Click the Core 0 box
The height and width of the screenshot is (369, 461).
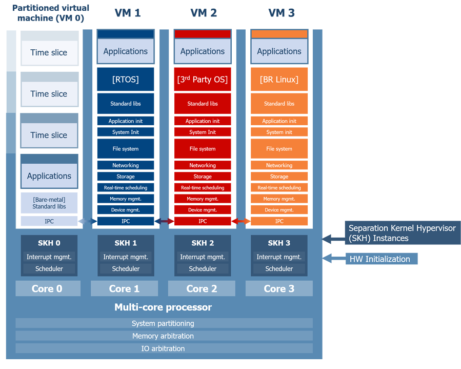tap(48, 288)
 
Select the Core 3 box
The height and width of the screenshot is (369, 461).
tap(279, 288)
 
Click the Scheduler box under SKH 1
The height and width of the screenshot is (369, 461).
tap(126, 269)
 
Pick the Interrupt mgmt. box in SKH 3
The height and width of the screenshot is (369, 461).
tap(279, 257)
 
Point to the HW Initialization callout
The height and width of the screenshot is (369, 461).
tap(381, 259)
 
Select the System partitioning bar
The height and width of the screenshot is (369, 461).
tap(164, 323)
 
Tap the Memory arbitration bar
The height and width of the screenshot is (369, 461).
tap(164, 336)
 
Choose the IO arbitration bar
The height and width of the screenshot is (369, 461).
tap(164, 348)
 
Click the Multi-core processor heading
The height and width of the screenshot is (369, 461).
tap(163, 307)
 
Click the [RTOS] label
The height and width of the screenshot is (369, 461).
tap(126, 80)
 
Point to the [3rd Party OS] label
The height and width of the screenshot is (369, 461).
tap(203, 80)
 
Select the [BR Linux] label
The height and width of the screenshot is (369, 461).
tap(279, 80)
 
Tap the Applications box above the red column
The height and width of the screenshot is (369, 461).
tap(203, 51)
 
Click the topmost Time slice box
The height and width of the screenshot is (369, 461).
tap(49, 52)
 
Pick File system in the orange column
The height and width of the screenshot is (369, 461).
tap(279, 149)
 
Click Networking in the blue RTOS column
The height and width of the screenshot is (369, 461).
tap(126, 165)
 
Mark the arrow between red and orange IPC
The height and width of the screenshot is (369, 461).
tap(241, 221)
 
